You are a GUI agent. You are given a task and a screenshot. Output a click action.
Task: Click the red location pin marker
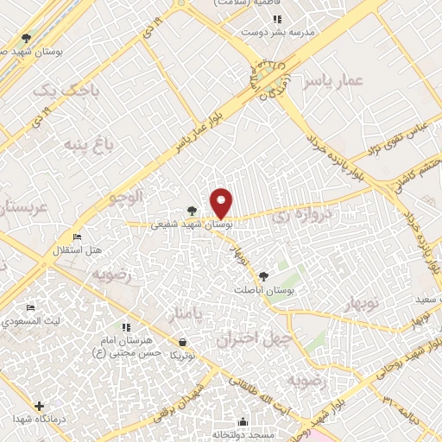(x=222, y=202)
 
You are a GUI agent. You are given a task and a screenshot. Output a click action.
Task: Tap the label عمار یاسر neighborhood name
(x=334, y=81)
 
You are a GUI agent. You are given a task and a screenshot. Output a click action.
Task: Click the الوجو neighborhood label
(x=123, y=198)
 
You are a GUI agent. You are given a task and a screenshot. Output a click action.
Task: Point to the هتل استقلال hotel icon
(x=77, y=237)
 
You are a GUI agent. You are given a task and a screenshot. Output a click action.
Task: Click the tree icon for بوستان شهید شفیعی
(x=192, y=210)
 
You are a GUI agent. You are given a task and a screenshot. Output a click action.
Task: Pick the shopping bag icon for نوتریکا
(x=180, y=342)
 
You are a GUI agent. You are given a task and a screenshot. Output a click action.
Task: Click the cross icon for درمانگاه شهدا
(x=39, y=405)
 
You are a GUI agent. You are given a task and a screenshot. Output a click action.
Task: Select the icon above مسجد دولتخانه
(x=243, y=422)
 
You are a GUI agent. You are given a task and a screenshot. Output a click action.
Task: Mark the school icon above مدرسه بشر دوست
(x=276, y=19)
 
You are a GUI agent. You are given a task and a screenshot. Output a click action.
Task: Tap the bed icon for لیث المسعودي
(x=31, y=308)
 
